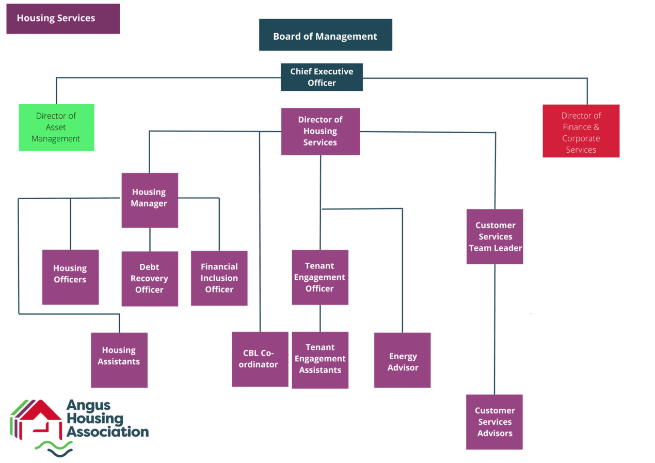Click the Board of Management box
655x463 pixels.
[x=325, y=35]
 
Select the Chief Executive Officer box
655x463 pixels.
[x=322, y=77]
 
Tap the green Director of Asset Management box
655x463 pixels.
[x=56, y=127]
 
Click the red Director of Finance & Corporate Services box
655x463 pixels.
[x=581, y=131]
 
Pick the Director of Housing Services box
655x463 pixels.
[x=320, y=131]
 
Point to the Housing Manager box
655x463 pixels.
[x=149, y=200]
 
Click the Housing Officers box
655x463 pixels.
[x=70, y=277]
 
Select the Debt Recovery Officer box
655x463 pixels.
[x=150, y=278]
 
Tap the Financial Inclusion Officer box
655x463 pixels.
[x=219, y=278]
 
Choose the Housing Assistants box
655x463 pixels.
[x=119, y=360]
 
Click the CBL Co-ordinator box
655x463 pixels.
[x=260, y=359]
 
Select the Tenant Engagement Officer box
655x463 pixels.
[x=319, y=277]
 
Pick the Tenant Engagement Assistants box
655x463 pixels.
[x=320, y=359]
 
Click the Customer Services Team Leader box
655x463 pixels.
[x=494, y=236]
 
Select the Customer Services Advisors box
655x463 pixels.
[x=494, y=422]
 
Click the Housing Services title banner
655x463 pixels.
[x=63, y=19]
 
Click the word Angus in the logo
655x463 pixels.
[x=88, y=407]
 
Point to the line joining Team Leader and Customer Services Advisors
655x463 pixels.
[x=494, y=330]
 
